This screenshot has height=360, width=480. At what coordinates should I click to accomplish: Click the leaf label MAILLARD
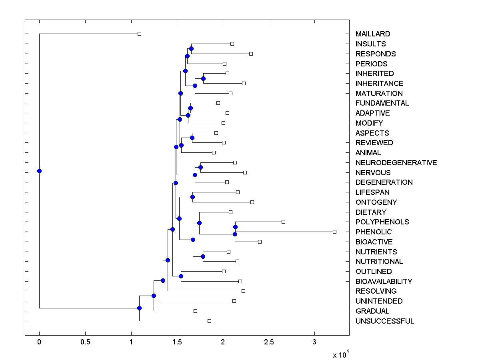point(372,34)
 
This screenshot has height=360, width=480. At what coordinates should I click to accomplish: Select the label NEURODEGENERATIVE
point(396,163)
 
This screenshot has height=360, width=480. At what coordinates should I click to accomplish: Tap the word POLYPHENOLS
point(382,222)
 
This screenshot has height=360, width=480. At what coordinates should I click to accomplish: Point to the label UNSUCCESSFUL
point(384,321)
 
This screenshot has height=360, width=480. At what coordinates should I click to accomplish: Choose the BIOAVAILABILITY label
point(384,282)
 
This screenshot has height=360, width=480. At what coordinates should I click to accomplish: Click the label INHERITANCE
point(379,84)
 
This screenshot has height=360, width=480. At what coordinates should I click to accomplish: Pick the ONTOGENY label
point(376,202)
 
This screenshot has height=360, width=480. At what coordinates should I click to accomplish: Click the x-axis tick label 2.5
point(269,342)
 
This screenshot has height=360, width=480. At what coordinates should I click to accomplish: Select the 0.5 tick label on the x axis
point(85,342)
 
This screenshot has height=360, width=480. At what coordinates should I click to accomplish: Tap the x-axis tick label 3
point(314,342)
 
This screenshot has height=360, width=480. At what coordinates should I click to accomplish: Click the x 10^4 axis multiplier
point(341,355)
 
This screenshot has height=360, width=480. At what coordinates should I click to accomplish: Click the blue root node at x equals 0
point(39,171)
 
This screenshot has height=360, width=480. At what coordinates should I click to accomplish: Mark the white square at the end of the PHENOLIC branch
point(335,232)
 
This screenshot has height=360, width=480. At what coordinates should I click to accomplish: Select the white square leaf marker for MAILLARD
point(139,34)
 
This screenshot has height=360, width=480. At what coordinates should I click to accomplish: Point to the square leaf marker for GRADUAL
point(195,311)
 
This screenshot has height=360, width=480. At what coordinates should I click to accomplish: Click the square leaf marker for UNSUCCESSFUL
point(209,321)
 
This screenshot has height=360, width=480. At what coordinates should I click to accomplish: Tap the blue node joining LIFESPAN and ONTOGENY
point(192,197)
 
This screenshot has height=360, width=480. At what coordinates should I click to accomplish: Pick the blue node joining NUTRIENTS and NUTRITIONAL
point(203,257)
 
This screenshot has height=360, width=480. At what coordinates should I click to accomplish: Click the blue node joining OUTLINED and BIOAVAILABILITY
point(181,276)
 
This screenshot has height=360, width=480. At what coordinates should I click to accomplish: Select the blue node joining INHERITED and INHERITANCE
point(203,78)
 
